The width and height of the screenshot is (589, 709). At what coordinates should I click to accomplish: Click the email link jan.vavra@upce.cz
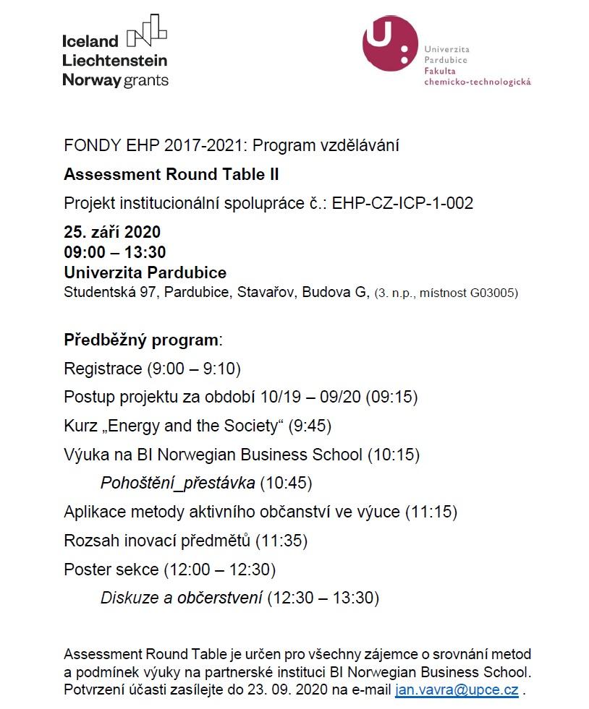click(457, 689)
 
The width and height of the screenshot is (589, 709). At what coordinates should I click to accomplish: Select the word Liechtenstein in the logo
click(115, 61)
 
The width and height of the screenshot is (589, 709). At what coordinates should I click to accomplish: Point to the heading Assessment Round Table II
click(171, 174)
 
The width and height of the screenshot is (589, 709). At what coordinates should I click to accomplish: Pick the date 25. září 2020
click(112, 233)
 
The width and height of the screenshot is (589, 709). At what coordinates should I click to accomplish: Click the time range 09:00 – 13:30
click(115, 252)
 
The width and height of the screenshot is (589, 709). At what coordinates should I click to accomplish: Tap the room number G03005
click(494, 293)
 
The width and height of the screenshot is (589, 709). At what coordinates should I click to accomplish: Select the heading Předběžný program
click(141, 340)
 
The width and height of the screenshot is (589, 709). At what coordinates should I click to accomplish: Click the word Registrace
click(103, 369)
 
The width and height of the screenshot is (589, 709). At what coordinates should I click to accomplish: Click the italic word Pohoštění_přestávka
click(177, 483)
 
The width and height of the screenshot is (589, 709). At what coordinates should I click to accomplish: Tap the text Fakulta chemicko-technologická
click(478, 77)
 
